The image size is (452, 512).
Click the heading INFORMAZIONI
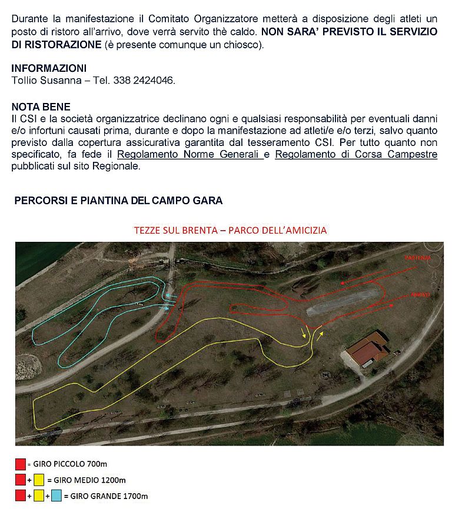49,69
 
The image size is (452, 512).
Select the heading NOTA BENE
41,107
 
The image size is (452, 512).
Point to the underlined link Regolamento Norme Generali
188,155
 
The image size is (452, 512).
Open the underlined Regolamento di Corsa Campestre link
356,155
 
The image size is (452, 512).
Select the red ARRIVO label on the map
420,294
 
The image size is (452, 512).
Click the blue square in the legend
56,496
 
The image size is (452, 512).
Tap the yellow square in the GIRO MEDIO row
39,480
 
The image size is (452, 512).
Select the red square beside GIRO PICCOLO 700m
21,464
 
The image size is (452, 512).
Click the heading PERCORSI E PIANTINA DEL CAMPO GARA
118,201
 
